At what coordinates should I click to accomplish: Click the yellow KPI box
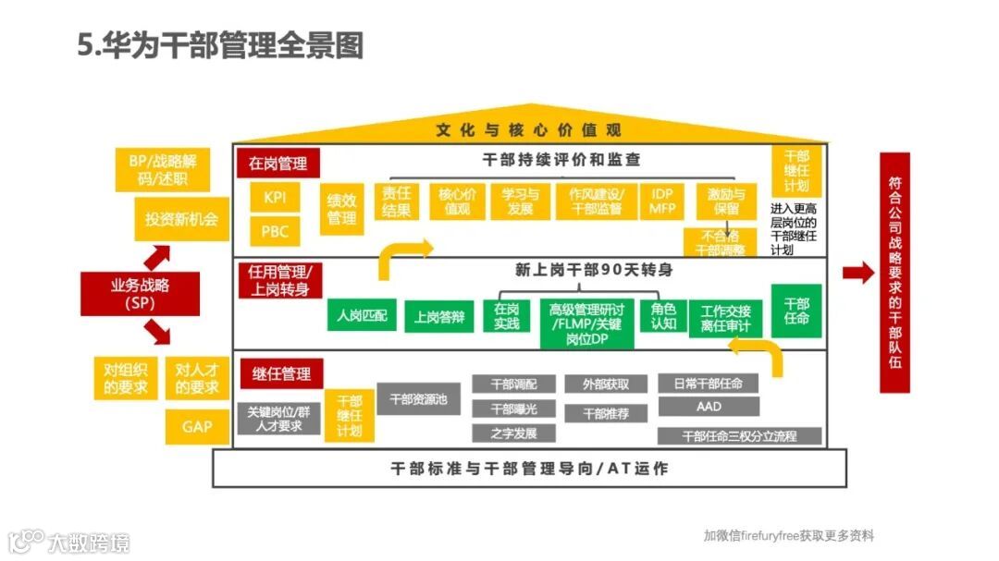[275, 197]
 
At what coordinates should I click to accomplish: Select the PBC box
[275, 231]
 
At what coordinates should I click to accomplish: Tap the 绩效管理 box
[341, 209]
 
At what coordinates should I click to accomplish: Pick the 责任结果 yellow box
[397, 201]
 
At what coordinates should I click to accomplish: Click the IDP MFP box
[662, 201]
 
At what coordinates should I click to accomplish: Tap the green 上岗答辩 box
[439, 317]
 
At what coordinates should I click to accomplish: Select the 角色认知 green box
[663, 316]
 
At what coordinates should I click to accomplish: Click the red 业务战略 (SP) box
[141, 293]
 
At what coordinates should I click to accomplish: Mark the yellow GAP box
[196, 426]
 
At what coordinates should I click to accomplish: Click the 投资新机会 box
[181, 219]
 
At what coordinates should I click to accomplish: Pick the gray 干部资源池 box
[418, 399]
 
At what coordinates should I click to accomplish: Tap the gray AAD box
[709, 407]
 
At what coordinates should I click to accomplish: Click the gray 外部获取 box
[606, 384]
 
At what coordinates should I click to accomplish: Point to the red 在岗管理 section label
[277, 164]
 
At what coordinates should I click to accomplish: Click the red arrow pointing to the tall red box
[857, 273]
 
